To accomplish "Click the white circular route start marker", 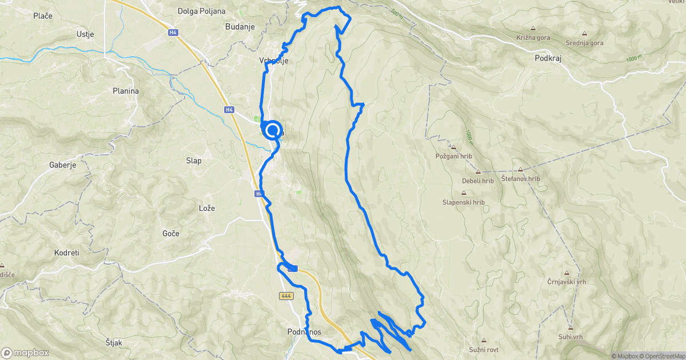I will pyautogui.click(x=273, y=130).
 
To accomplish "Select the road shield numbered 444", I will pyautogui.click(x=287, y=296).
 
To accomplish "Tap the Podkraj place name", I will pyautogui.click(x=550, y=58).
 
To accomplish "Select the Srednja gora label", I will pyautogui.click(x=584, y=43).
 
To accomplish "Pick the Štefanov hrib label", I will pyautogui.click(x=520, y=179).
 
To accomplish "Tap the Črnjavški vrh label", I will pyautogui.click(x=567, y=282).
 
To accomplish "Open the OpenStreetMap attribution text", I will pyautogui.click(x=663, y=356).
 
